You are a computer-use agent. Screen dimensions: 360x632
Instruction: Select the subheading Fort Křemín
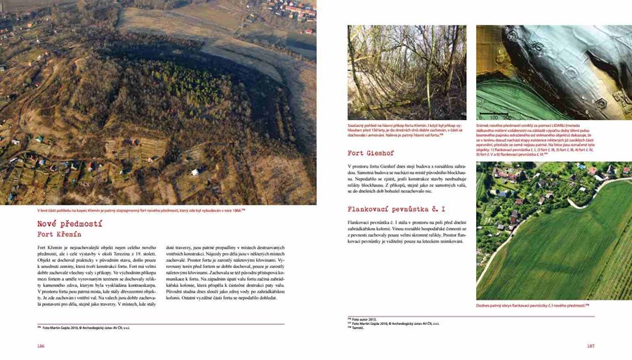coord(60,234)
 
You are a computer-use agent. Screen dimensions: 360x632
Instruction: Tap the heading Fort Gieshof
coord(370,152)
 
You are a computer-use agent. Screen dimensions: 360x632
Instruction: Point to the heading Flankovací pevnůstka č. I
coord(397,209)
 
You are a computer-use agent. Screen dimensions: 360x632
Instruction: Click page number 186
coord(41,346)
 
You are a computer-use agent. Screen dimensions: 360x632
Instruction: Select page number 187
coord(591,346)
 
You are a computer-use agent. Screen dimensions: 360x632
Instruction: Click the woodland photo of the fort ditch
coord(407,72)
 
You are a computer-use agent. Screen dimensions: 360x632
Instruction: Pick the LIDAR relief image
coord(534,72)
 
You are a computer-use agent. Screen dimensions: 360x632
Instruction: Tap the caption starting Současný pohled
coord(407,131)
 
